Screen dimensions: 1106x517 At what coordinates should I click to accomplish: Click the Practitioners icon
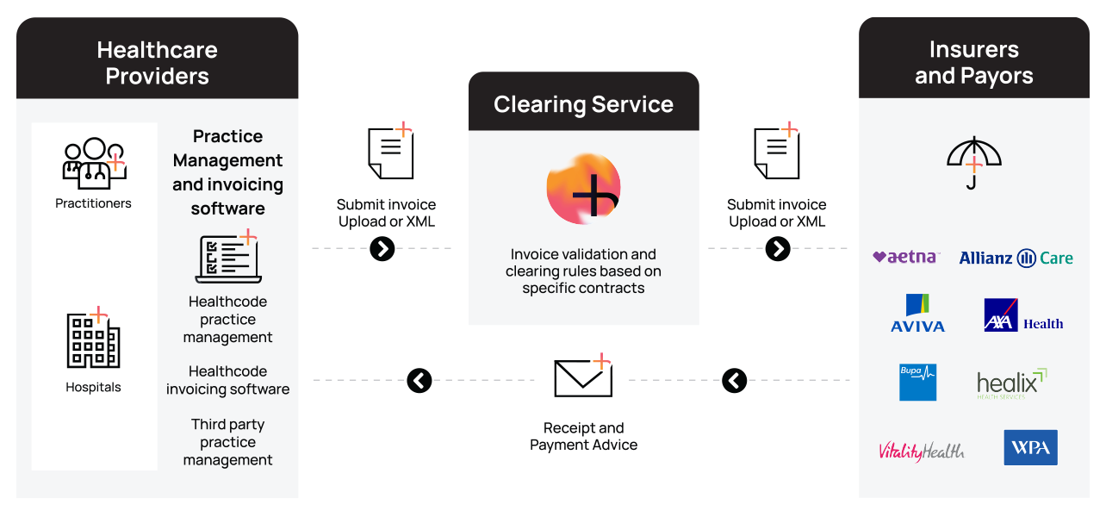(94, 164)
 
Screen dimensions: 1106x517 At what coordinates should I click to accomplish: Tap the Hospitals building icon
(93, 338)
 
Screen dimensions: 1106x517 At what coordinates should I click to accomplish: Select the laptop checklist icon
(228, 256)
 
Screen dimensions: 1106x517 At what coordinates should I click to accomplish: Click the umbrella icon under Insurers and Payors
(973, 163)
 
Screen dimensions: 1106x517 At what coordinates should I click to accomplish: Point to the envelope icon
(583, 376)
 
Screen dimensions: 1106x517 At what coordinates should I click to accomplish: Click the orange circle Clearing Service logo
(584, 188)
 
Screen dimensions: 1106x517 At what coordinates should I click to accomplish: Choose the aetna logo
(906, 257)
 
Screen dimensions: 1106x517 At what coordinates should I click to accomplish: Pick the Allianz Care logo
(1016, 258)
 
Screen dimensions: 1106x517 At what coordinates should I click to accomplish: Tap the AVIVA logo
(918, 313)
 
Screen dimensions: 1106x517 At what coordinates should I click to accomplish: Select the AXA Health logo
(1023, 315)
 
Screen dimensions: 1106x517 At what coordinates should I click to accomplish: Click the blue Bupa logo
(918, 383)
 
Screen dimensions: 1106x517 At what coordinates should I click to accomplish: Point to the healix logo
(1012, 383)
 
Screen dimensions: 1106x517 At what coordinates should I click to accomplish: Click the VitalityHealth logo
(922, 451)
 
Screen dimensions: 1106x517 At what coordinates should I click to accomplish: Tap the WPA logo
(1030, 447)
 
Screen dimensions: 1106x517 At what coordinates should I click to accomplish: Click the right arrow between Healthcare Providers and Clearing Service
(382, 248)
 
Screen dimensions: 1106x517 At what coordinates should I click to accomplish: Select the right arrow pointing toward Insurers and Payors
(778, 248)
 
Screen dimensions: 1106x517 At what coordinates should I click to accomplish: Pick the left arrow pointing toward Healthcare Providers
(419, 380)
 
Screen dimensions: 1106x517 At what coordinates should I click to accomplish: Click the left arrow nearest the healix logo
(734, 380)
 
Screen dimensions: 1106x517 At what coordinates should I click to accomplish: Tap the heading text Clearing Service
(584, 104)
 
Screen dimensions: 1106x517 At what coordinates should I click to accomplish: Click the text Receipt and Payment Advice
(584, 436)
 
